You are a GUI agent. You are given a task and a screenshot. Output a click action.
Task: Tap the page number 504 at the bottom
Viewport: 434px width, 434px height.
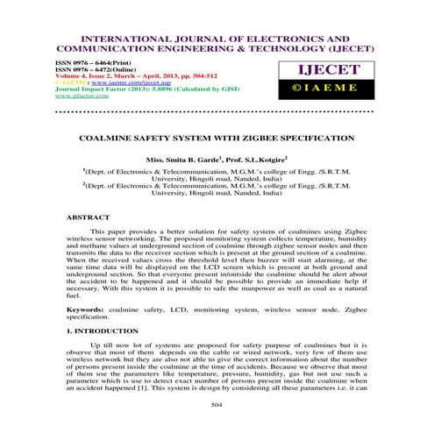(217, 405)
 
